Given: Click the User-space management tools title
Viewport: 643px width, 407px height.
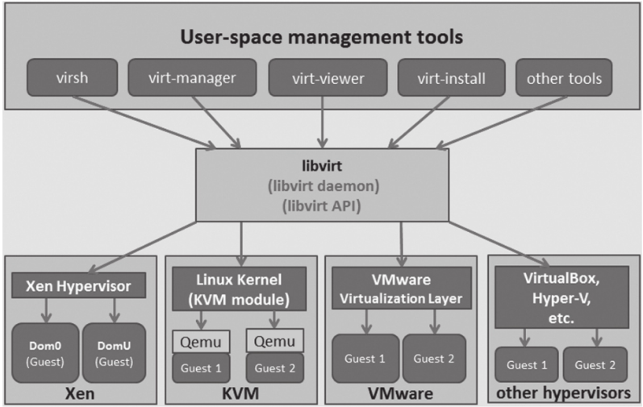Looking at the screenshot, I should click(322, 37).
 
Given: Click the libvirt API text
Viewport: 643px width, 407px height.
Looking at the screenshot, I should click(322, 206).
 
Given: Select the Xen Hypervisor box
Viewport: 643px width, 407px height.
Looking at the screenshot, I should click(78, 285).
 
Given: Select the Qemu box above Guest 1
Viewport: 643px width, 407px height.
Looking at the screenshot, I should click(201, 339).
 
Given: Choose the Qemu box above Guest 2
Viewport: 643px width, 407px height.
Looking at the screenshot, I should click(273, 339).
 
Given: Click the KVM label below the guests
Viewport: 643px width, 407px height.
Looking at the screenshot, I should click(240, 394).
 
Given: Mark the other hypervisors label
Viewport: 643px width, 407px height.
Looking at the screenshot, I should click(564, 394).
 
